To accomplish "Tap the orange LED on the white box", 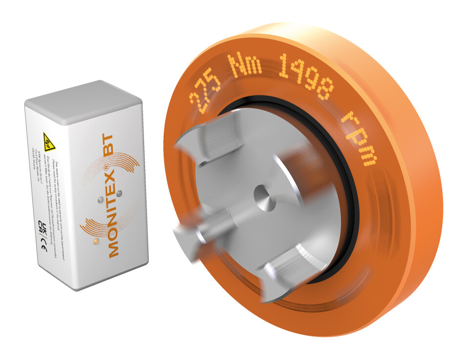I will point(96,241).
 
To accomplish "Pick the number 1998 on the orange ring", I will point(305,81).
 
